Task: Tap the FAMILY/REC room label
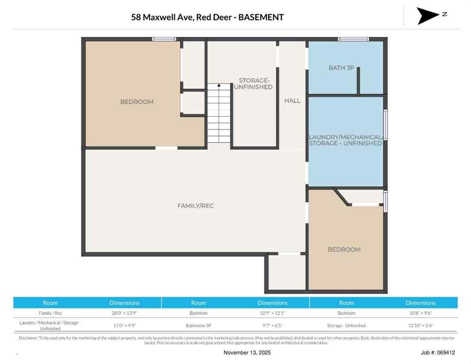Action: coord(192,206)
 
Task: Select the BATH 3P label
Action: coord(341,68)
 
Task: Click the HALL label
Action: coord(292,100)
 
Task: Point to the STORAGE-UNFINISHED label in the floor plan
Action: coord(255,84)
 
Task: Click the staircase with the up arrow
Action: coord(219,114)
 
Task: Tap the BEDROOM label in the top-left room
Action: coord(136,101)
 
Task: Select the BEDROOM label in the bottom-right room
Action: coord(344,249)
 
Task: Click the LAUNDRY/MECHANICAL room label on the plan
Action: coord(345,140)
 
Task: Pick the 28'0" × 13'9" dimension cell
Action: coord(124,313)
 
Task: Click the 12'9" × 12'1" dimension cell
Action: coord(272,313)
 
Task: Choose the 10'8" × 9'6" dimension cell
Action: coord(420,313)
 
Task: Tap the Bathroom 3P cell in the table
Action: coord(199,326)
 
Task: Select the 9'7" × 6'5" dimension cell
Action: coord(272,326)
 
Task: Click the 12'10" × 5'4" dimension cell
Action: coord(420,326)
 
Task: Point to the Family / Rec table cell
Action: coord(50,313)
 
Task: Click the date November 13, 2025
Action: coord(247,353)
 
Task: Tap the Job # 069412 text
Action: coord(437,353)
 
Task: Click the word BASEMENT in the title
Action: coord(261,18)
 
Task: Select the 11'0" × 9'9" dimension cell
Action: coord(124,326)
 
